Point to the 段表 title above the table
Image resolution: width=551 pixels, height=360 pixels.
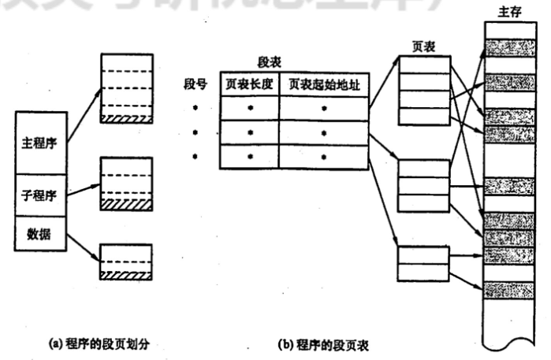tap(270, 61)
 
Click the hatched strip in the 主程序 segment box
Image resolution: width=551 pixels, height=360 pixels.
tap(125, 118)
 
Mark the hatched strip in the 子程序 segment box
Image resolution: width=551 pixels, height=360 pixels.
tap(125, 204)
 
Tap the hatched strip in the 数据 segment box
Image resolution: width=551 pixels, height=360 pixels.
tap(125, 273)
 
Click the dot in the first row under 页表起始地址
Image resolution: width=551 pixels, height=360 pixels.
tap(323, 107)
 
